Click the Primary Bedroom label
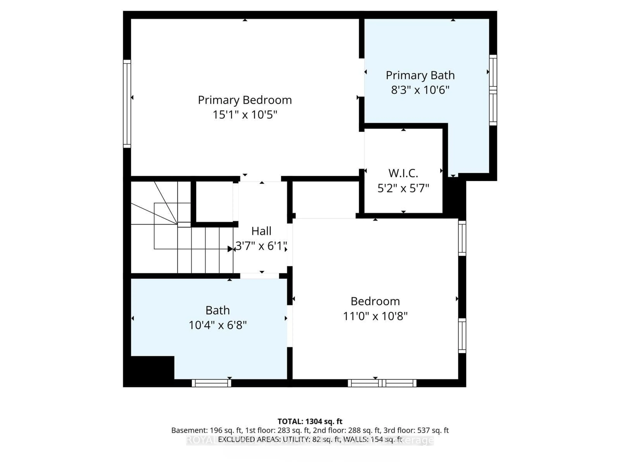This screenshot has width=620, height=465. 245,100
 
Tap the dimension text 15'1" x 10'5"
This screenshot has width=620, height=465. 245,115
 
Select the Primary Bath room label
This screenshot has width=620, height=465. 420,75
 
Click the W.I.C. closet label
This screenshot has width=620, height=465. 403,173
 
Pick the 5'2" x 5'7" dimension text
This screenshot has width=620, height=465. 403,188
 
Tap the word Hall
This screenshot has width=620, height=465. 261,231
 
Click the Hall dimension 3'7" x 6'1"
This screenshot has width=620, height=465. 261,246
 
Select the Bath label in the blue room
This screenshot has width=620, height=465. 217,310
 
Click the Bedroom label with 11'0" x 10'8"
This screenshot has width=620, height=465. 375,301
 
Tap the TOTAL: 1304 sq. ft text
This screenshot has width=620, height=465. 310,421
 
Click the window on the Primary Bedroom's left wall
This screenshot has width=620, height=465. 127,103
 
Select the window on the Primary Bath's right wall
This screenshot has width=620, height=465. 493,90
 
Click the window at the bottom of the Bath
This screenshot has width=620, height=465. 211,383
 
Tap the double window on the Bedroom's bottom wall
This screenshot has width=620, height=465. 382,383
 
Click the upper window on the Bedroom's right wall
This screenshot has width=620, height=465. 462,238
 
